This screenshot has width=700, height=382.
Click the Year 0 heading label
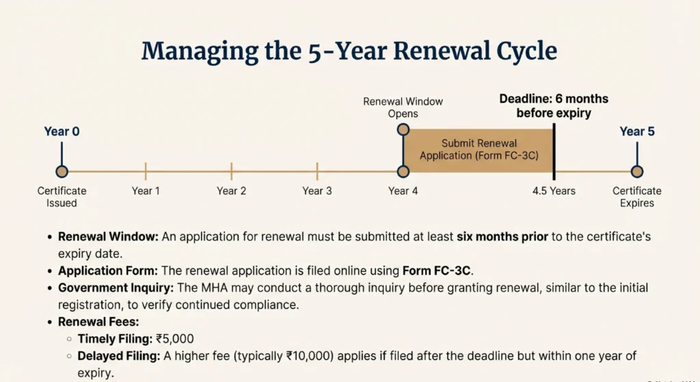tap(62, 131)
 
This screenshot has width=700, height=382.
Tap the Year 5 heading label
tap(637, 131)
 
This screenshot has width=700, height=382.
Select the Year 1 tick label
tap(146, 191)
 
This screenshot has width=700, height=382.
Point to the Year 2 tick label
tap(231, 191)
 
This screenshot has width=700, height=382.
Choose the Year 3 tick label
tap(317, 191)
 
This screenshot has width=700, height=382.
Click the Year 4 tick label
tap(403, 191)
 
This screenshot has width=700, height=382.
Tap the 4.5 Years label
tap(554, 191)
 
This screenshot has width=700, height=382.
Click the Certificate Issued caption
tap(62, 196)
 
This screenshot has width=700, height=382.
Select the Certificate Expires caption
tap(637, 196)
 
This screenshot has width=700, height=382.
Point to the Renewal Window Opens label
tap(403, 107)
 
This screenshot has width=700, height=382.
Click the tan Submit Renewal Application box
tap(479, 150)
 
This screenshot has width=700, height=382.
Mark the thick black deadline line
tap(554, 151)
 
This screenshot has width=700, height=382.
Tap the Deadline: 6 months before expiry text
tap(554, 105)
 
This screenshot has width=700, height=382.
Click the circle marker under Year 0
tap(62, 171)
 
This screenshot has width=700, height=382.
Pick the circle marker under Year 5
tap(637, 171)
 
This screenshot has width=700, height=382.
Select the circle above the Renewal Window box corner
tap(403, 129)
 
